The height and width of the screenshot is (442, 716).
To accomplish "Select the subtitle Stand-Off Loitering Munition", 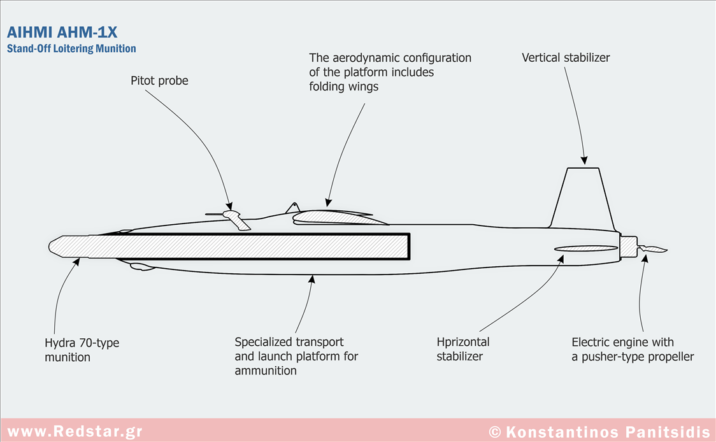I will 71,48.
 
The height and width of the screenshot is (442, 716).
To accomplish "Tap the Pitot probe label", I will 159,81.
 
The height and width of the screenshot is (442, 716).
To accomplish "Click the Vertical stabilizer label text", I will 566,58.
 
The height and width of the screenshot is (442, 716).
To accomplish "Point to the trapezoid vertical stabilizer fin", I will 584,197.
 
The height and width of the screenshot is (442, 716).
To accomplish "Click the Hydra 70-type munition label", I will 82,350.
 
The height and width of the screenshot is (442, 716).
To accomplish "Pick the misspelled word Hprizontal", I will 463,342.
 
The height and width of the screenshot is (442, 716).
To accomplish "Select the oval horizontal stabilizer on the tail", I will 586,248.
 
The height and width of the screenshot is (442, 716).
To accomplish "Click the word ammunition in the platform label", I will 266,371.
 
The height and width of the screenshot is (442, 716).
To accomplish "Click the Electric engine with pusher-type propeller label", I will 632,350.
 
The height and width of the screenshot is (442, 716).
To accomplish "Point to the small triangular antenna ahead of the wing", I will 292,208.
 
